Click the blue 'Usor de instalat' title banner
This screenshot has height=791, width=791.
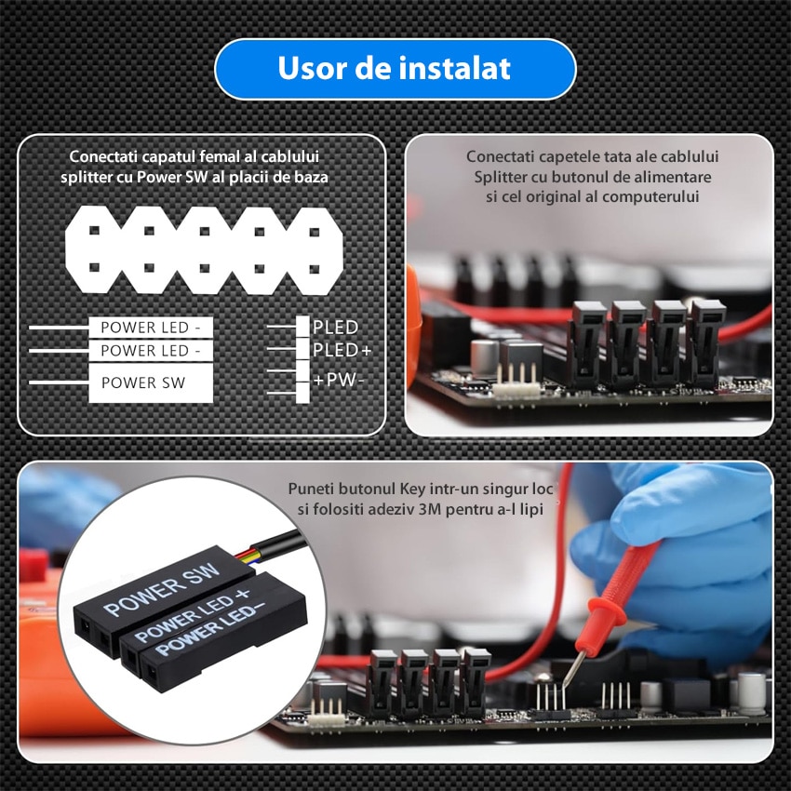[x=395, y=69]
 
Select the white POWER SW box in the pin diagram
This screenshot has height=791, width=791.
[x=150, y=382]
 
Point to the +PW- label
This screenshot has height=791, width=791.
[x=339, y=380]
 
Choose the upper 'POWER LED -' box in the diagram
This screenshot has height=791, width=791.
[x=150, y=328]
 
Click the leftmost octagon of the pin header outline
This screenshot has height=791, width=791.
[x=95, y=248]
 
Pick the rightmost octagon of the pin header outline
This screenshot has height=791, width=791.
[x=314, y=248]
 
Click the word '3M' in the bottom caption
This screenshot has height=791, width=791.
[x=459, y=510]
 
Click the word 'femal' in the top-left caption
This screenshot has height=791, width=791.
[x=214, y=157]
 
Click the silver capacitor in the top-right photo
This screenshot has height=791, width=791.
[x=483, y=357]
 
